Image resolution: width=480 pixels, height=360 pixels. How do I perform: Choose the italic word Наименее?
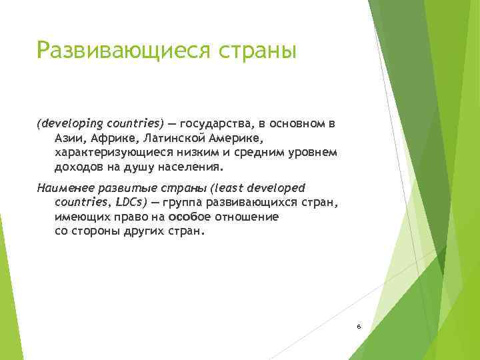(63, 187)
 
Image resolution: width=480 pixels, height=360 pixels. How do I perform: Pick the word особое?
(190, 217)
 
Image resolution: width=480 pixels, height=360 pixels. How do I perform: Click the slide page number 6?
(359, 326)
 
